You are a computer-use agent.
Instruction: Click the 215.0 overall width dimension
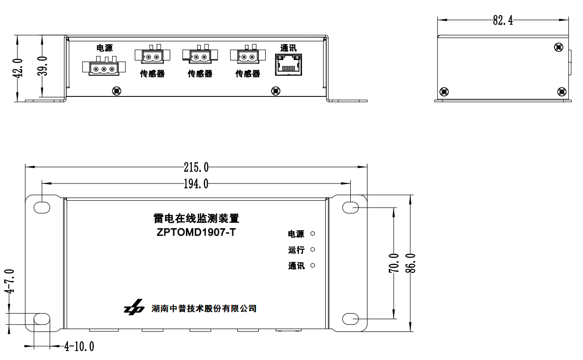click(196, 167)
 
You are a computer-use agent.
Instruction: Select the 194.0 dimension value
click(196, 184)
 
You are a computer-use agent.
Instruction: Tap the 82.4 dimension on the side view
click(503, 20)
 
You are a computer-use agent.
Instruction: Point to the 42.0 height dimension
click(18, 68)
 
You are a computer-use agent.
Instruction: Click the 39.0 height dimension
click(42, 66)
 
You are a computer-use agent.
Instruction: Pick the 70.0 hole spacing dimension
click(394, 263)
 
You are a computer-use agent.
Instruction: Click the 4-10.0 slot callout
click(79, 347)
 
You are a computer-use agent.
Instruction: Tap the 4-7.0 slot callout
click(9, 281)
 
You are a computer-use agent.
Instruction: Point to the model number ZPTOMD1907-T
click(196, 232)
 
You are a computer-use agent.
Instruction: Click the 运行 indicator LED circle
click(313, 250)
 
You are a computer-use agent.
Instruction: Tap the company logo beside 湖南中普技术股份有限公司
click(134, 308)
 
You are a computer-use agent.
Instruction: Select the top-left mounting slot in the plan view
click(42, 207)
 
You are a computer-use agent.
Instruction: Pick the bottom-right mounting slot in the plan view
click(350, 319)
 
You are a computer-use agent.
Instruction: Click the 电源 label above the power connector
click(104, 48)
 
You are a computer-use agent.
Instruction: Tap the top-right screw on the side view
click(558, 47)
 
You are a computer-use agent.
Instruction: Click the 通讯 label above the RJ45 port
click(288, 48)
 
